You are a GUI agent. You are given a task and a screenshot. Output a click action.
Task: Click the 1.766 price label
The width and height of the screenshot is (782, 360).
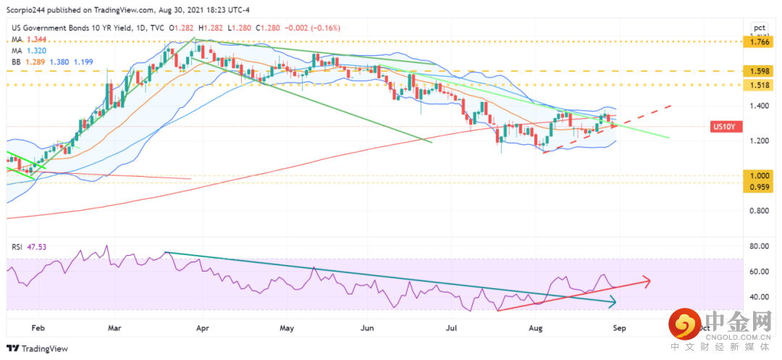coord(759,42)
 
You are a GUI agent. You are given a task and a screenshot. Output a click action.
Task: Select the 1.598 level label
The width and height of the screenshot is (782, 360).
coord(759,72)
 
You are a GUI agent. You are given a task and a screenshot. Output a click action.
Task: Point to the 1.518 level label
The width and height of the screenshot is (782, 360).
coord(759,85)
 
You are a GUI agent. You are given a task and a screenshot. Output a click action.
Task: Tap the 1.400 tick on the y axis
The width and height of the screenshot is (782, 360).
coord(759,106)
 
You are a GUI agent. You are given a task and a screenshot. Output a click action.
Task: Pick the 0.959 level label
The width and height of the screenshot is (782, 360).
coord(759,187)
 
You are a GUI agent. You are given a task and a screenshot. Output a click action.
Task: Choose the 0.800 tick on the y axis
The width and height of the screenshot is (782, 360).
coord(759,211)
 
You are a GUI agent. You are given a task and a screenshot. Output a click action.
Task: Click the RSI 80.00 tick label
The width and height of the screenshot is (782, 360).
coord(759,246)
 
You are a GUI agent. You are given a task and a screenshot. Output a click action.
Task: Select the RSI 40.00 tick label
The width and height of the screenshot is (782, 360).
coord(759,297)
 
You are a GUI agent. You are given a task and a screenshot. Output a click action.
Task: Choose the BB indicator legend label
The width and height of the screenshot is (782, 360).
coord(17,63)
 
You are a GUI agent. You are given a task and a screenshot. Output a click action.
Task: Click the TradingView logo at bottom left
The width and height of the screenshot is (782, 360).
coord(36,348)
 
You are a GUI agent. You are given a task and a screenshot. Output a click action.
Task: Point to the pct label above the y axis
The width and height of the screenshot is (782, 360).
coord(759,28)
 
